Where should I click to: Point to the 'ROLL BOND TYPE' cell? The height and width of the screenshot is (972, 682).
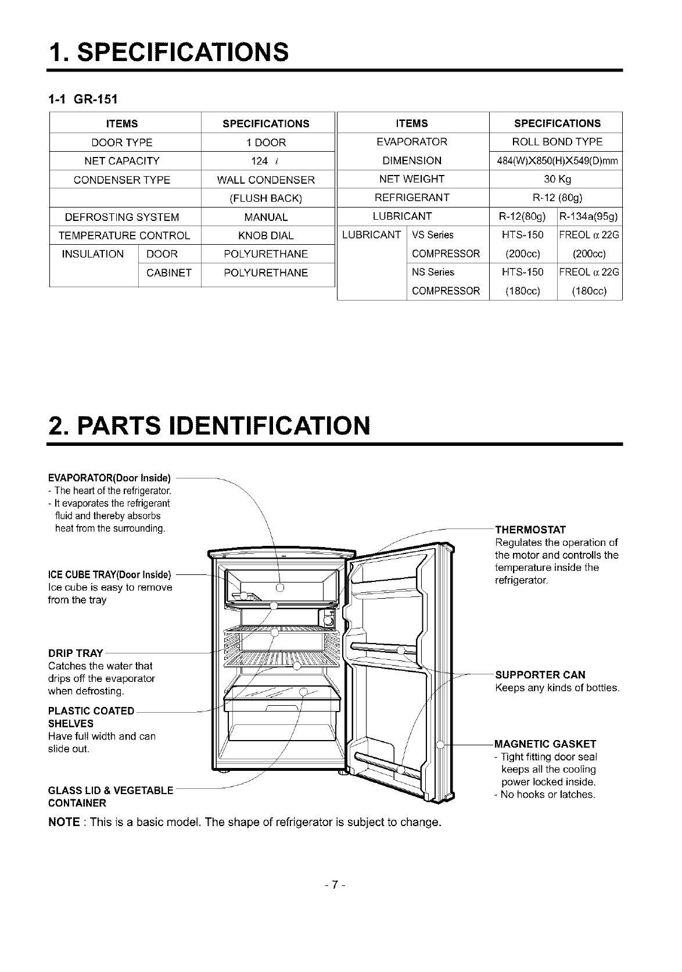[x=557, y=142]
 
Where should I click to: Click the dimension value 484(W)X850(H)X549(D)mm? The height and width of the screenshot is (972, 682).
[x=557, y=160]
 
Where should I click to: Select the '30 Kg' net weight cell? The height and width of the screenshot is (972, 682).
[x=557, y=179]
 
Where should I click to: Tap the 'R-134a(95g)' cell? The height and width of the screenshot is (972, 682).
[x=590, y=217]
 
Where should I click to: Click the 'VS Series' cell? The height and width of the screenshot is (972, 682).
[x=433, y=235]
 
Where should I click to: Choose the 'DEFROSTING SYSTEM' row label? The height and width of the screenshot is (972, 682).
[x=122, y=217]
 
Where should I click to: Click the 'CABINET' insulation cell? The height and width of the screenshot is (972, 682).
[x=169, y=273]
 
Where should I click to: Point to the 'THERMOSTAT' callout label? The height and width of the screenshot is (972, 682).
[x=530, y=530]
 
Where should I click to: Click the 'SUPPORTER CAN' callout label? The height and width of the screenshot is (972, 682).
[x=540, y=675]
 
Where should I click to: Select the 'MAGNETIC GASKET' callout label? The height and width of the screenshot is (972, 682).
[x=545, y=744]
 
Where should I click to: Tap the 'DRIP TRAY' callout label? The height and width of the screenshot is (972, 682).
[x=76, y=653]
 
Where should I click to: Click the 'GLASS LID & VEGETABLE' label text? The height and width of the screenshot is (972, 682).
[x=110, y=791]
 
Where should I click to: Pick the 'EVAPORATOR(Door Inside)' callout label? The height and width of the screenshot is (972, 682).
[x=110, y=478]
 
